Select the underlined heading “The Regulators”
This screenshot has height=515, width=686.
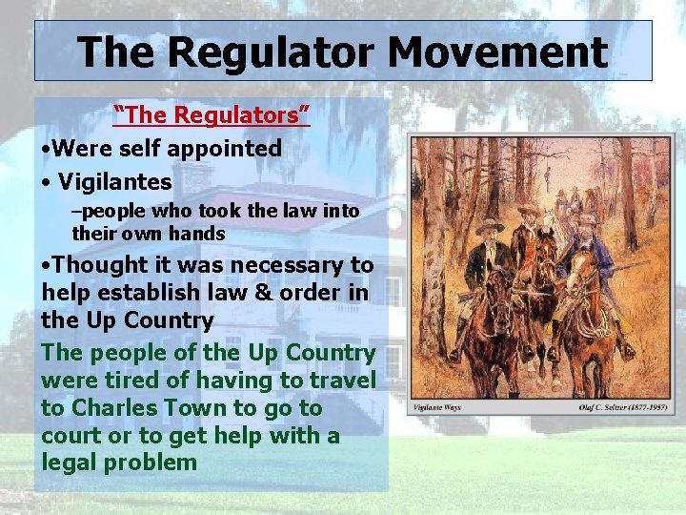point(212,115)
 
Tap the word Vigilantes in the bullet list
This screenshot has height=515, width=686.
point(114,181)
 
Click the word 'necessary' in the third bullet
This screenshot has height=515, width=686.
point(288,264)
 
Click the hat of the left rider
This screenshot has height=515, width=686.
point(490,226)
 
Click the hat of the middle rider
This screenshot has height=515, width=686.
point(528,209)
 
